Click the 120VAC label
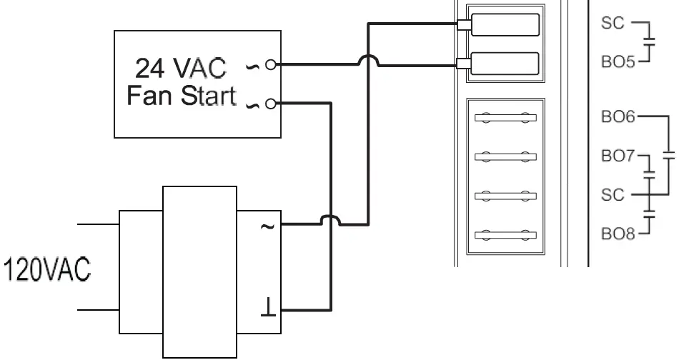pos(47,270)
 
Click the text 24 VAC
pos(181,69)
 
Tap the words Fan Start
pos(181,96)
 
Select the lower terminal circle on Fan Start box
pos(269,104)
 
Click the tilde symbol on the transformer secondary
pos(267,226)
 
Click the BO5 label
pos(618,62)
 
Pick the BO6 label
pos(618,116)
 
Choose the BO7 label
pos(618,156)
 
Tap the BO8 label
pos(618,233)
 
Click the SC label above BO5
pos(613,24)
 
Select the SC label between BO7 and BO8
pos(613,194)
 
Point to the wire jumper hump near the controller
pos(368,60)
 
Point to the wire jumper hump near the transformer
pos(329,220)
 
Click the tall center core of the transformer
pos(199,271)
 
